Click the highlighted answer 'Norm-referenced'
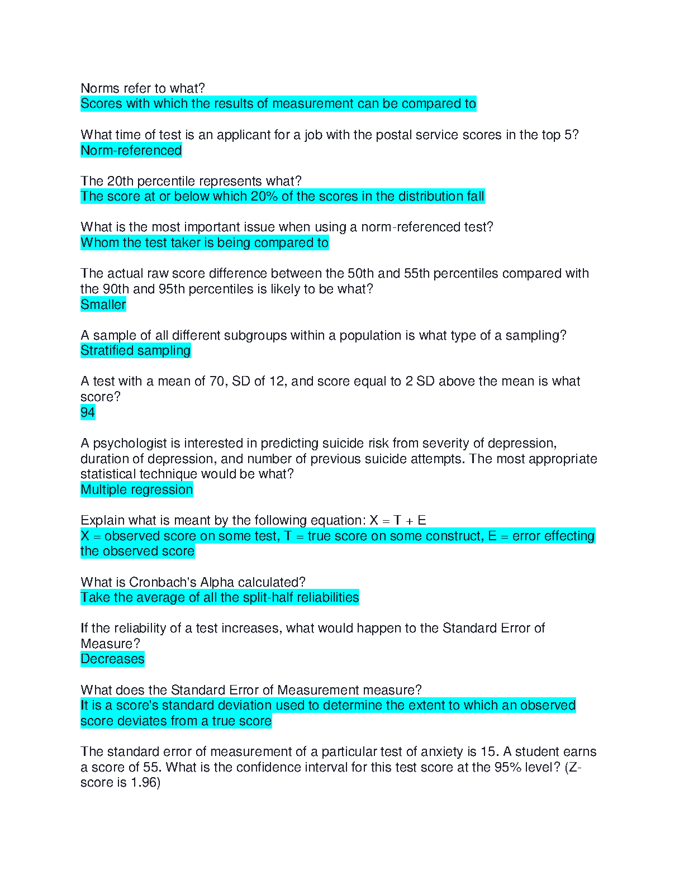pyautogui.click(x=131, y=150)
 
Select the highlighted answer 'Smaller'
pyautogui.click(x=103, y=304)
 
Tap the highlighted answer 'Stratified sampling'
pyautogui.click(x=135, y=350)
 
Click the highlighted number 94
pyautogui.click(x=88, y=412)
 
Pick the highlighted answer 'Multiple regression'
pyautogui.click(x=136, y=489)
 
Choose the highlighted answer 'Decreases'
pyautogui.click(x=112, y=659)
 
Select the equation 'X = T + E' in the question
pyautogui.click(x=398, y=520)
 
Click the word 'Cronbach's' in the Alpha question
pyautogui.click(x=162, y=582)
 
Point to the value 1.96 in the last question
pyautogui.click(x=144, y=782)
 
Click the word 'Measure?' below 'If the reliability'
pyautogui.click(x=110, y=644)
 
